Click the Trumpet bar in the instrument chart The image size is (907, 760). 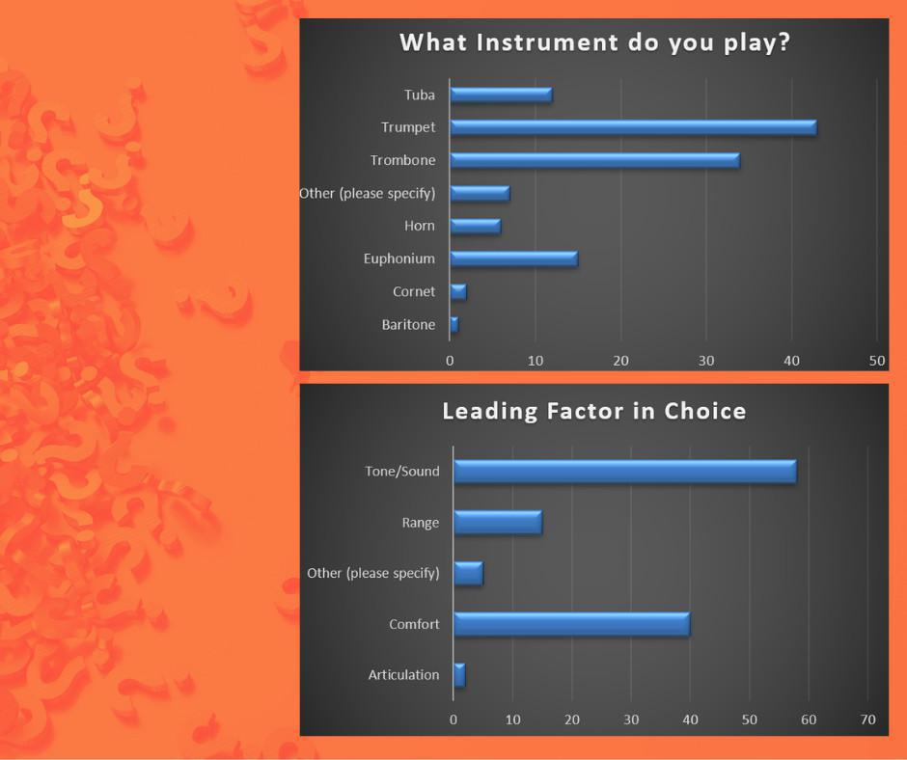633,128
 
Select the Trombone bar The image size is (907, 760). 594,161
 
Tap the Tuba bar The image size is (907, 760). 501,95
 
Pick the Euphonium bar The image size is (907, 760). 513,259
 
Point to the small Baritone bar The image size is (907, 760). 454,324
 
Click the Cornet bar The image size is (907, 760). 458,292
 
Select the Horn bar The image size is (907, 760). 476,226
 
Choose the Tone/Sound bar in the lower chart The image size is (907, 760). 625,472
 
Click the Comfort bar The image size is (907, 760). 572,625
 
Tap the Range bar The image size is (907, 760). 498,523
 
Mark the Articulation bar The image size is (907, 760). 459,675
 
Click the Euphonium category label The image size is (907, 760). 399,258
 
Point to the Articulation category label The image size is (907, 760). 403,674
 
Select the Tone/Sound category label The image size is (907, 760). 402,472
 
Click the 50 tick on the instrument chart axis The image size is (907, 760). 877,361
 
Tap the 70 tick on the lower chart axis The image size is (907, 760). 867,719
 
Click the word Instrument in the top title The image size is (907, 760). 547,42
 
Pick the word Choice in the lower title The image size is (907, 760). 705,411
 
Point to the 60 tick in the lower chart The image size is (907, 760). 808,719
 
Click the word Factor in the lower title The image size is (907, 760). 586,411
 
